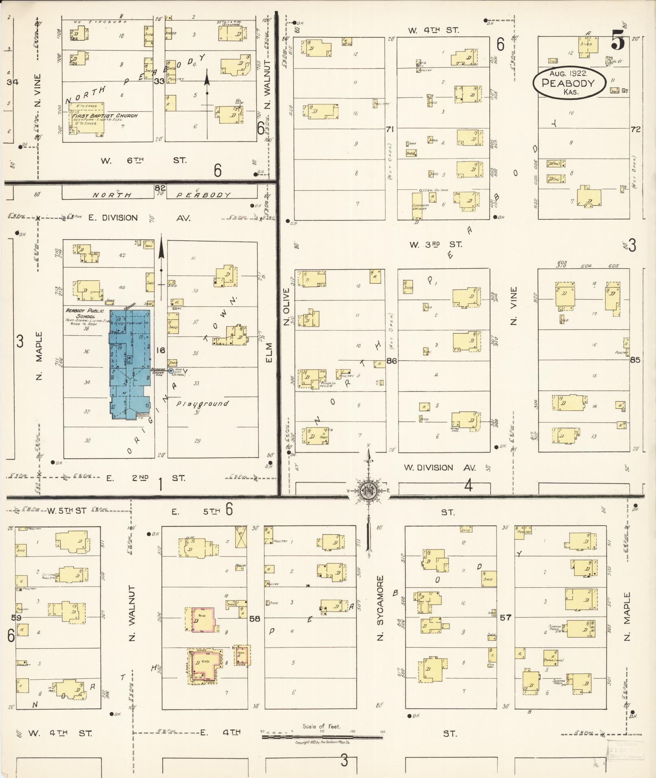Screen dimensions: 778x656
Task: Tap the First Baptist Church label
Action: (105, 116)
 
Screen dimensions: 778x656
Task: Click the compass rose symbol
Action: (368, 490)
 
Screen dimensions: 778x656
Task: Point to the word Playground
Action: (203, 404)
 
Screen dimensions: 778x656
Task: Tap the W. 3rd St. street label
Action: (436, 244)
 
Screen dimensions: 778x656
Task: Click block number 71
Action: (390, 129)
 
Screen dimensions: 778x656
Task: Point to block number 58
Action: (255, 618)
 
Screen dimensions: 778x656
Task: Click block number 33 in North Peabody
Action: (159, 81)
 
